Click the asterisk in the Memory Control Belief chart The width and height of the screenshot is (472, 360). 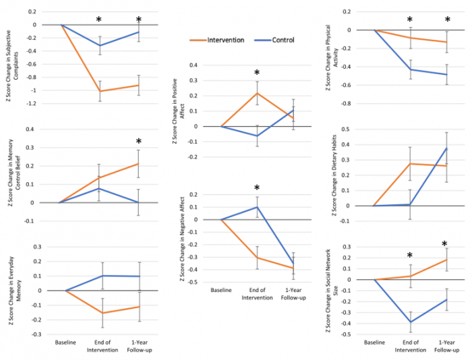139,142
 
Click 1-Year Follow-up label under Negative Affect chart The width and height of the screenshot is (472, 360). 293,294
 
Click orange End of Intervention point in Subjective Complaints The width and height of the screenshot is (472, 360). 100,91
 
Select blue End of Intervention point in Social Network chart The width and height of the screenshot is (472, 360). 410,322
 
